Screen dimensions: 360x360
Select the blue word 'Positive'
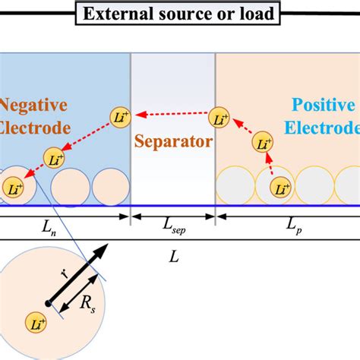pyautogui.click(x=321, y=106)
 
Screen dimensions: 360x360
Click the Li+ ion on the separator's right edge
pyautogui.click(x=219, y=117)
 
